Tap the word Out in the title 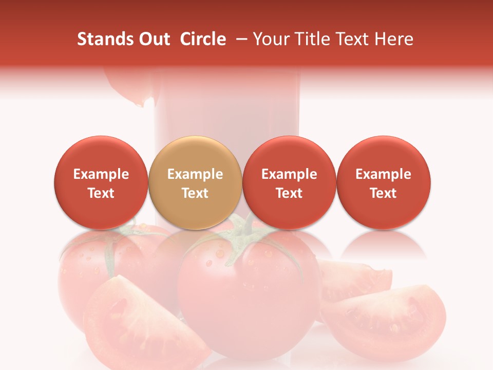(x=154, y=39)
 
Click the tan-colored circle (x=195, y=182)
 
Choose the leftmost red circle (x=101, y=182)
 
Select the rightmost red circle (x=384, y=182)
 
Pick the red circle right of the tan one (x=289, y=182)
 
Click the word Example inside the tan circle (x=195, y=174)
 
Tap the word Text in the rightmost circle (x=384, y=193)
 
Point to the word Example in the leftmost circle (x=101, y=174)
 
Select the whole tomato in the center (x=249, y=293)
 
